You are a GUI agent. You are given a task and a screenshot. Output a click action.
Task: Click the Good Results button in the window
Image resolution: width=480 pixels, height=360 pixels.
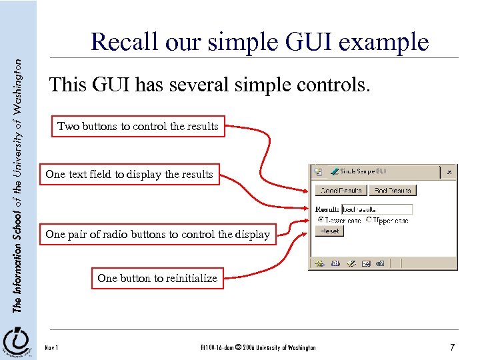click(x=341, y=190)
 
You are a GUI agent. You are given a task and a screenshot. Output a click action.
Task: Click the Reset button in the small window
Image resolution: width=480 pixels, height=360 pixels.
click(x=329, y=231)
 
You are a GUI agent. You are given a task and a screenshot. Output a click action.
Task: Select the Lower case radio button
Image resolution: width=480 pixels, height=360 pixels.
click(x=321, y=219)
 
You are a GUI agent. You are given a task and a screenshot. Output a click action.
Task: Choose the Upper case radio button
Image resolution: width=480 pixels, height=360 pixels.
click(x=368, y=219)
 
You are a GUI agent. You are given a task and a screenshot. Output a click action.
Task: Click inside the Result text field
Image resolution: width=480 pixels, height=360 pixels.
click(x=377, y=209)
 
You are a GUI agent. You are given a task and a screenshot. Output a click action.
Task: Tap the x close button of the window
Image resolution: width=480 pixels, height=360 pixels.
click(x=449, y=171)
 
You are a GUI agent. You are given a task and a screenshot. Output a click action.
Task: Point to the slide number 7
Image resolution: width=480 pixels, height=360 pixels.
click(x=452, y=347)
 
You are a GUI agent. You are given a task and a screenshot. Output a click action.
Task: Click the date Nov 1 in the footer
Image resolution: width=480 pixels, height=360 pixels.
click(x=51, y=348)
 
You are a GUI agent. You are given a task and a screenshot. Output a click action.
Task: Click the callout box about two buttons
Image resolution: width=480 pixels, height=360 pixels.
click(x=138, y=126)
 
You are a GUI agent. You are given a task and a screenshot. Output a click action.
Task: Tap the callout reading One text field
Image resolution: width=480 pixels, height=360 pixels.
click(x=129, y=175)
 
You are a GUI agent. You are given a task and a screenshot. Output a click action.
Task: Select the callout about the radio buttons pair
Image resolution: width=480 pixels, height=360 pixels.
click(x=157, y=234)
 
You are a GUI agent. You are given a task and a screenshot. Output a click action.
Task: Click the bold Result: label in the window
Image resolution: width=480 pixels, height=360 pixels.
click(x=327, y=209)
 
